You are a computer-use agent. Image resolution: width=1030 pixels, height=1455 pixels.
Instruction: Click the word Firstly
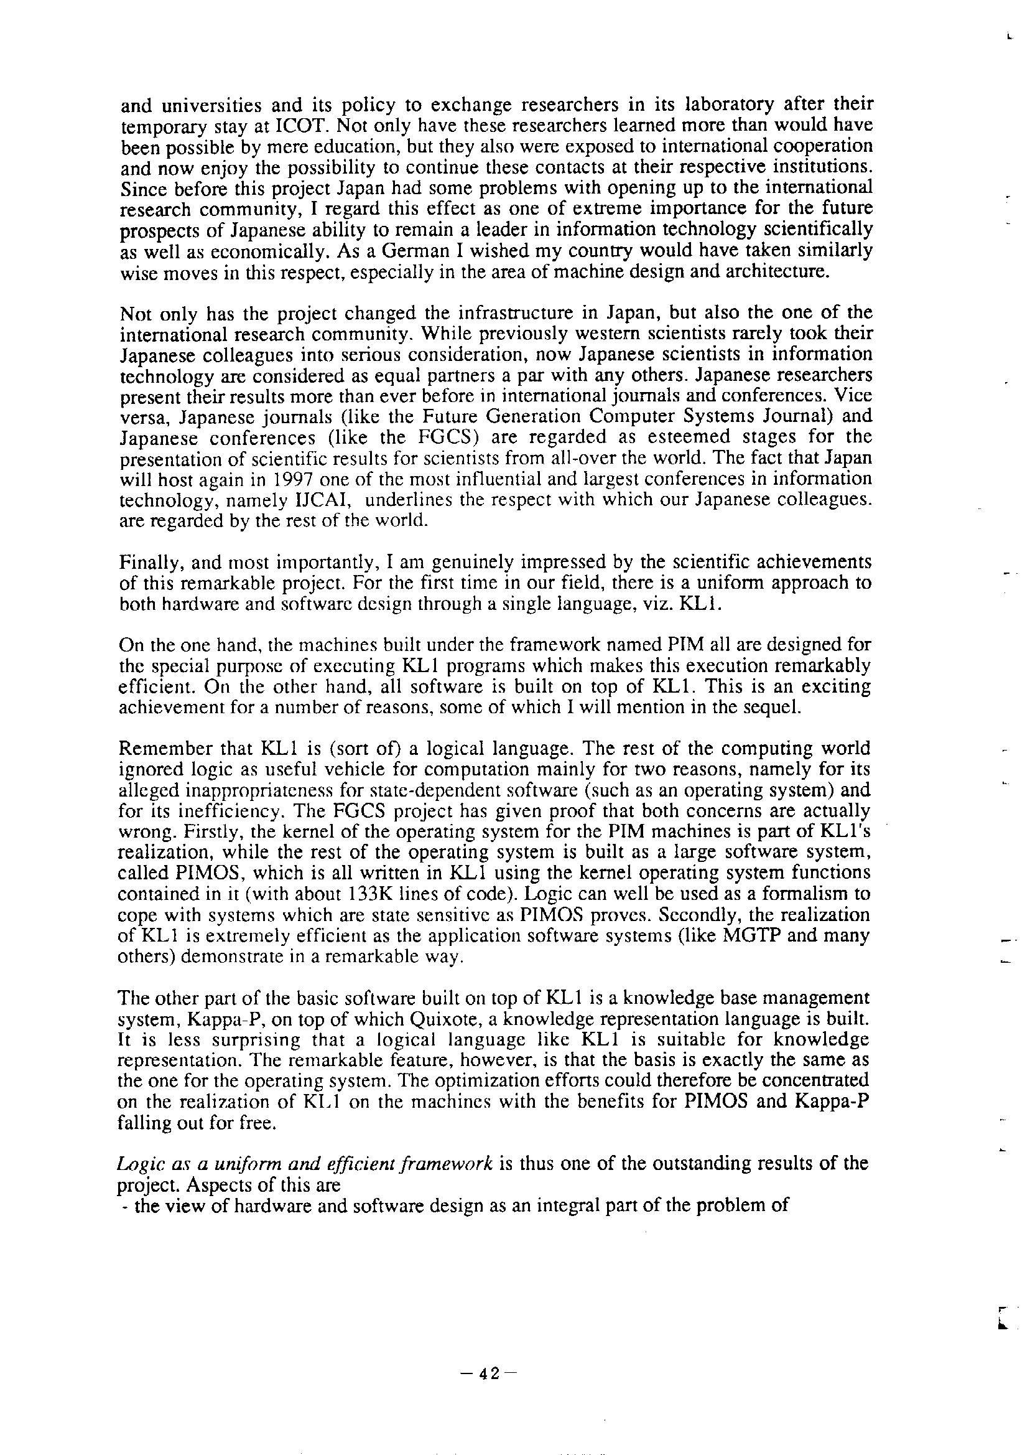point(146,831)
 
